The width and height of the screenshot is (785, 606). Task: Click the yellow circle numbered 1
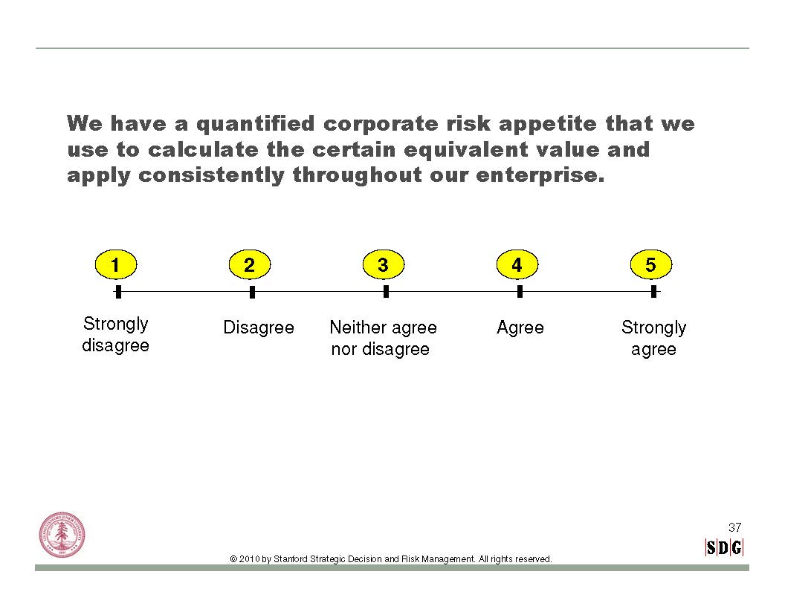[116, 264]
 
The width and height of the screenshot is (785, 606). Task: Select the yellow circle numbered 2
[249, 264]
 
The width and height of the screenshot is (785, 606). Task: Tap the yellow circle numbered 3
[384, 264]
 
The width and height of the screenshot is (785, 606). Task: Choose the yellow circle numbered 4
[517, 264]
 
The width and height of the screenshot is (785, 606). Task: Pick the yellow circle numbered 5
[651, 264]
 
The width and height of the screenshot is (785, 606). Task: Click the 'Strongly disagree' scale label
[116, 334]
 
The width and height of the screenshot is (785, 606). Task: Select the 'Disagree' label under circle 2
[259, 328]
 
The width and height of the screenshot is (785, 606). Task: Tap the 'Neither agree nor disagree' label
[383, 338]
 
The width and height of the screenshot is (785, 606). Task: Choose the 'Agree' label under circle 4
[520, 328]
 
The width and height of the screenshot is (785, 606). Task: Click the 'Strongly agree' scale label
[654, 339]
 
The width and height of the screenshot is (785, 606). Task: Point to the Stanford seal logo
[62, 535]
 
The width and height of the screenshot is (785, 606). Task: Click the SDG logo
[724, 547]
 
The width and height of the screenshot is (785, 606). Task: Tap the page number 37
[735, 527]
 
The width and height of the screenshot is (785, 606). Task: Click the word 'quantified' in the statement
[255, 124]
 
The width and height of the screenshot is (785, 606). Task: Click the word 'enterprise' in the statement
[537, 175]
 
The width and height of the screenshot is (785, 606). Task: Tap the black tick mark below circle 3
[386, 292]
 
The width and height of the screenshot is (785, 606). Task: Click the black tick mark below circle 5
[654, 292]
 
